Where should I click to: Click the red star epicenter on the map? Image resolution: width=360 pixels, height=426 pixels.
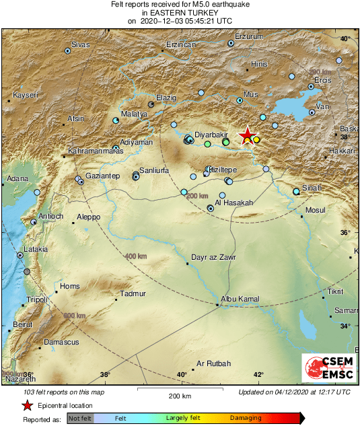(248, 135)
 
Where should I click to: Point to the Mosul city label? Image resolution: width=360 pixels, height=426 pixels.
(315, 211)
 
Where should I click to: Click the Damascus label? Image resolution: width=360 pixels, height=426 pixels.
(61, 343)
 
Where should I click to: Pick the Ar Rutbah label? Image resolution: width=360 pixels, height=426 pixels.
(213, 364)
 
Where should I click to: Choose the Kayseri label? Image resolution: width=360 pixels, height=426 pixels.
(26, 96)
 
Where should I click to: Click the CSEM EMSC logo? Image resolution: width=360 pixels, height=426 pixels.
(325, 368)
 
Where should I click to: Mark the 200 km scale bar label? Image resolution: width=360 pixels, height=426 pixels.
(180, 396)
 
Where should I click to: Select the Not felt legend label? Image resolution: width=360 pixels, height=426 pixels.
(80, 418)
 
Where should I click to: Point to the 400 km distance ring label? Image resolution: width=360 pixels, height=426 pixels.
(135, 256)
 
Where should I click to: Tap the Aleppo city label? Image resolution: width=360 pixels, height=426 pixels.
(88, 217)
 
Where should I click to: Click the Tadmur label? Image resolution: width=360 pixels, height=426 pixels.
(133, 293)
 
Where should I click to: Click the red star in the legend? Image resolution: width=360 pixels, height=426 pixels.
(27, 406)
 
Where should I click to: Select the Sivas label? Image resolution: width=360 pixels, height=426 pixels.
(81, 44)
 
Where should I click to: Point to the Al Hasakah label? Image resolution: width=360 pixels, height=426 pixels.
(234, 203)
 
